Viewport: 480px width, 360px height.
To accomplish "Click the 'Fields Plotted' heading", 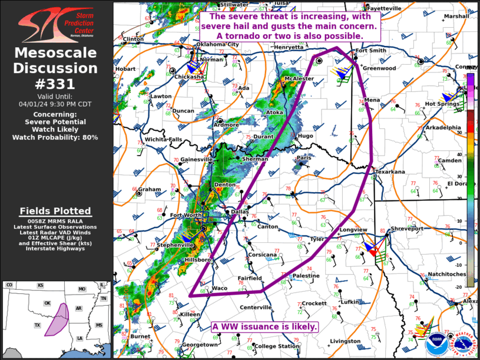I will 55,211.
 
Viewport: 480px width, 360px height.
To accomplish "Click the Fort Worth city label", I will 186,216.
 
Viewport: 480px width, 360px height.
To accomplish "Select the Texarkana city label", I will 390,171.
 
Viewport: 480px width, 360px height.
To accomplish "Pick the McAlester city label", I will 299,78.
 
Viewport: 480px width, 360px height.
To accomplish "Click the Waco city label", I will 219,288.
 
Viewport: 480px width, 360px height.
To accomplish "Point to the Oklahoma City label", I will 217,44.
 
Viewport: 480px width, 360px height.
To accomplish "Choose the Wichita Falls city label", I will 164,139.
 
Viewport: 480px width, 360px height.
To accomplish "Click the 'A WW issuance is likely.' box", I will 265,326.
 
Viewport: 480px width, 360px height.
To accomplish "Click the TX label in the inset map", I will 37,325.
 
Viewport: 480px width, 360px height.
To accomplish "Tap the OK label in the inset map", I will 48,303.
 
